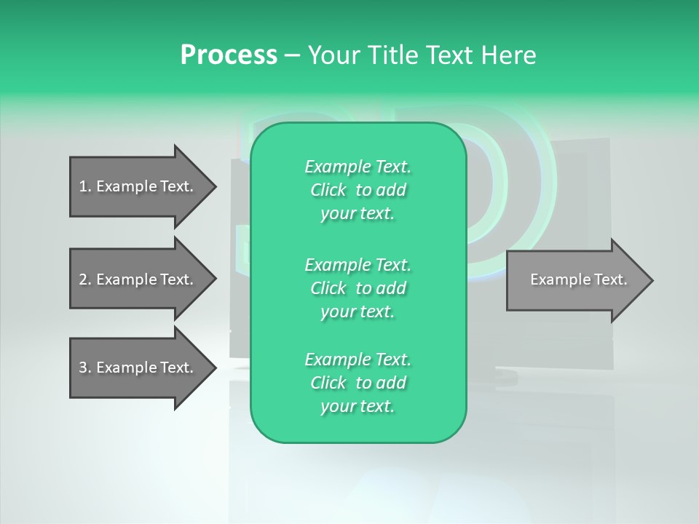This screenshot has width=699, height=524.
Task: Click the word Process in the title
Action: (x=229, y=55)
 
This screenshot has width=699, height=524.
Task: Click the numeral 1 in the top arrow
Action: (x=83, y=186)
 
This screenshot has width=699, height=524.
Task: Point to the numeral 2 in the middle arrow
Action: (x=83, y=279)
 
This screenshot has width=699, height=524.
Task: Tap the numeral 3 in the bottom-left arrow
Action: (x=83, y=368)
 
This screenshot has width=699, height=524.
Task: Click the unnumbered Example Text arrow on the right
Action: (x=575, y=279)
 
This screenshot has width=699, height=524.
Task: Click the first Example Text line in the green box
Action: (x=358, y=167)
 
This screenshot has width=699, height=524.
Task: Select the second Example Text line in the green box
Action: (x=358, y=264)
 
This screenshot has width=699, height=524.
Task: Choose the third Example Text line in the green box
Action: (x=358, y=360)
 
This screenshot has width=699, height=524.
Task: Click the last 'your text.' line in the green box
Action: (x=358, y=407)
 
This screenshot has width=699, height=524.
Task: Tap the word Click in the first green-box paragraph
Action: (x=328, y=190)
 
